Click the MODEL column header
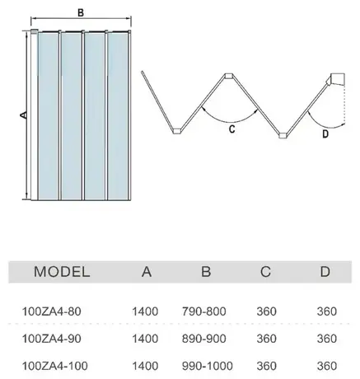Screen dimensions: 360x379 point(62,272)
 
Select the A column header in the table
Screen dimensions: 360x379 point(147,272)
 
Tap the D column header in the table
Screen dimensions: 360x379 point(325,272)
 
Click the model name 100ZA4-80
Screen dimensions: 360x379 point(51,311)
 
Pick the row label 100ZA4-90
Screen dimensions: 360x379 point(51,339)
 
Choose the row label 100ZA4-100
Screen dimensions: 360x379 point(55,366)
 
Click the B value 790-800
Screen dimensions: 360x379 point(203,311)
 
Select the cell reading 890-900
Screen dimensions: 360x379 point(203,339)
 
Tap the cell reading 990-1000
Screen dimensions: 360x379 point(208,366)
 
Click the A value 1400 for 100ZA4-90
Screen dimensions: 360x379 point(145,339)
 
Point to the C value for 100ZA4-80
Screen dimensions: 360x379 point(266,311)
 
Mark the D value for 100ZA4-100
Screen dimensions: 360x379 point(327,366)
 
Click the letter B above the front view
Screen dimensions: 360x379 point(81,12)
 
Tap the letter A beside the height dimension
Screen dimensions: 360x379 point(24,115)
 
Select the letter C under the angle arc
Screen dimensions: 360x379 point(231,129)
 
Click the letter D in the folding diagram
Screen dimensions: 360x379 point(325,133)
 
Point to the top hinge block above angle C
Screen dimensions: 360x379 point(228,76)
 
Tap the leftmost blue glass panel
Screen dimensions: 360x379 point(48,116)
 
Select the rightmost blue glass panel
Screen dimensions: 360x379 point(118,116)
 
